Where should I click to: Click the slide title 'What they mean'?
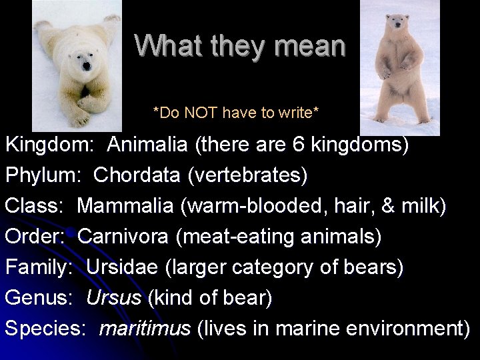click(x=240, y=46)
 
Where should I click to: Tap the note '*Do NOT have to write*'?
click(x=236, y=113)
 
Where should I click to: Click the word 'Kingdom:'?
click(x=49, y=145)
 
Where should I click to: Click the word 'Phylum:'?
click(x=44, y=175)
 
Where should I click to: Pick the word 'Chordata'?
click(x=137, y=175)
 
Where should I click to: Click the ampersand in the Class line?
click(x=387, y=206)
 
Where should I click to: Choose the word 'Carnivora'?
click(x=127, y=237)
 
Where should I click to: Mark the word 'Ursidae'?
click(x=122, y=267)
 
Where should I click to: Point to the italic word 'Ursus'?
click(x=113, y=298)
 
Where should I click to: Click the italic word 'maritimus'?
click(x=145, y=329)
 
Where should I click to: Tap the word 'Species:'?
click(x=46, y=329)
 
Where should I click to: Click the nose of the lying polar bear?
click(x=85, y=67)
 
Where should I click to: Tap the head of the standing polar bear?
click(x=399, y=26)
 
